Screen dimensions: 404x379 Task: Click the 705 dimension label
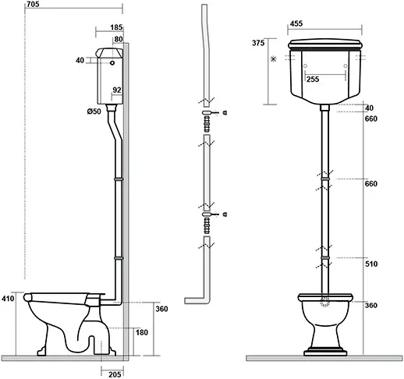pyautogui.click(x=33, y=4)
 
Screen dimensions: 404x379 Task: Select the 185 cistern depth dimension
pyautogui.click(x=116, y=27)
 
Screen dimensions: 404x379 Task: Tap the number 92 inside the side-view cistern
pyautogui.click(x=117, y=90)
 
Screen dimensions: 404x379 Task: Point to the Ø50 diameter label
pyautogui.click(x=94, y=112)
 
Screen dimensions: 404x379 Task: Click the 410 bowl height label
pyautogui.click(x=8, y=299)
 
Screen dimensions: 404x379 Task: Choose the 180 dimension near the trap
pyautogui.click(x=142, y=332)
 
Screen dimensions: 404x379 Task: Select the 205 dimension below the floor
pyautogui.click(x=115, y=374)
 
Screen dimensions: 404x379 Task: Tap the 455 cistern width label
pyautogui.click(x=296, y=23)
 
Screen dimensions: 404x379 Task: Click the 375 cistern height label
pyautogui.click(x=258, y=43)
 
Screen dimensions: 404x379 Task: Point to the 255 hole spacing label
pyautogui.click(x=313, y=80)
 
